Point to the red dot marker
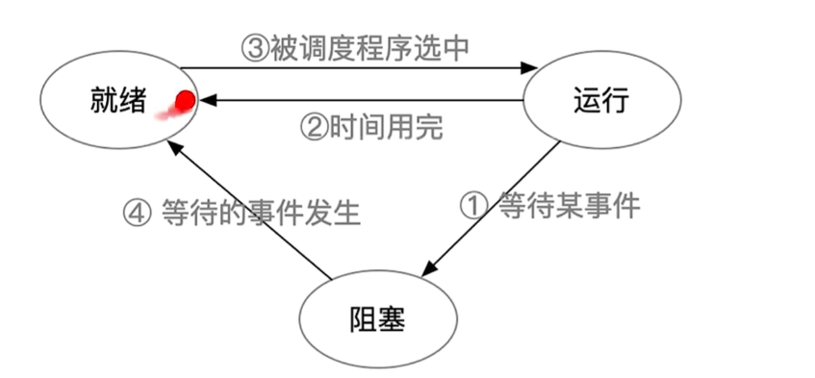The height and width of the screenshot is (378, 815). (185, 99)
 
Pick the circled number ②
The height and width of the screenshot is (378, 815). (315, 128)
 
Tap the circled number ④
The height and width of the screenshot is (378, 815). (138, 213)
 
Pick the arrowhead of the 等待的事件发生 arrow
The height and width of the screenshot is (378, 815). (172, 145)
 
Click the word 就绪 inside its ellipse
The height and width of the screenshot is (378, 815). (111, 100)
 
